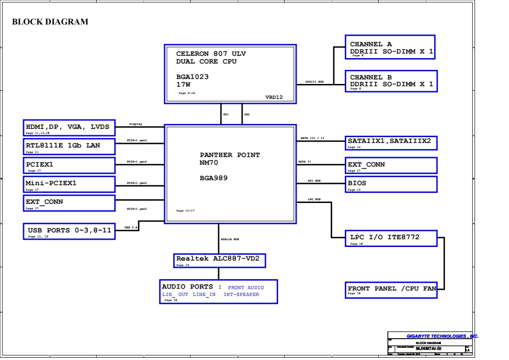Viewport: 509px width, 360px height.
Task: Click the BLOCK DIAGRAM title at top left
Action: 50,22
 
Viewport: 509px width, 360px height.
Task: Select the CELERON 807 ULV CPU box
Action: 230,74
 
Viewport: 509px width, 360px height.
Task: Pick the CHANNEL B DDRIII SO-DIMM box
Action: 391,81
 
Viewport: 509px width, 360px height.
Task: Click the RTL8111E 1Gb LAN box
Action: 69,146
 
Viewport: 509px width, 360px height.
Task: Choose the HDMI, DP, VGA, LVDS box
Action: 69,128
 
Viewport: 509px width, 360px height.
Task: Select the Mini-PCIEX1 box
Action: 69,184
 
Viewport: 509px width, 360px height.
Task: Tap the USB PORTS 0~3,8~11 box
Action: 69,231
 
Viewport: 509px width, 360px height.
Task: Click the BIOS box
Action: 391,184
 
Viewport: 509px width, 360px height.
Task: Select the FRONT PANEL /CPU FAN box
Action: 391,289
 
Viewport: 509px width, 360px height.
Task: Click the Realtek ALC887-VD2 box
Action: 220,260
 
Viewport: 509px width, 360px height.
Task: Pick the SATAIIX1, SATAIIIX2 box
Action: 391,143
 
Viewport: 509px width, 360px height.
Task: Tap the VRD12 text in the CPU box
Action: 274,97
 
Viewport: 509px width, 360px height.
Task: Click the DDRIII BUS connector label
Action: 314,82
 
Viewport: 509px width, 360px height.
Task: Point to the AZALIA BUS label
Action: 230,239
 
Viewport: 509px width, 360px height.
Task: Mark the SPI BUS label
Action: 314,181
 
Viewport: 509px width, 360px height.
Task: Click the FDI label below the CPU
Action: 225,114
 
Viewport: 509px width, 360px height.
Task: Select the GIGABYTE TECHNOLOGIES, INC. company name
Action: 442,336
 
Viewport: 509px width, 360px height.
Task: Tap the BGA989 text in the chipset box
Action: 214,178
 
